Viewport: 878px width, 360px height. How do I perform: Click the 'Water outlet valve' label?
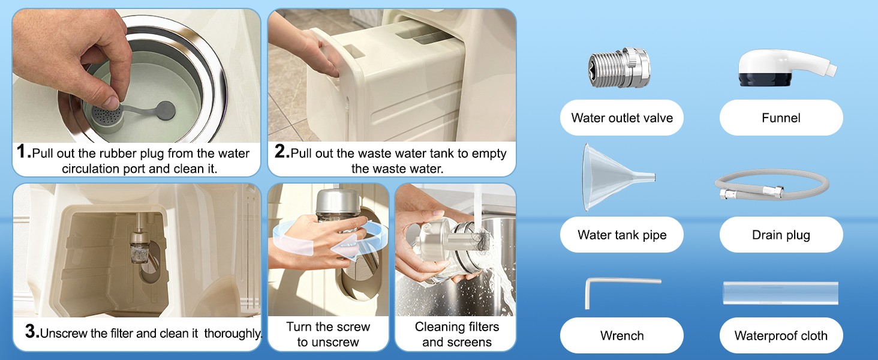coord(622,118)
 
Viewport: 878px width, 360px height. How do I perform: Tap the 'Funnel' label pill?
coord(781,118)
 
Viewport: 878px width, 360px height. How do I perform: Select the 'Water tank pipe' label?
coord(622,235)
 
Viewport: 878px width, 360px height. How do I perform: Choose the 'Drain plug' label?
coord(781,235)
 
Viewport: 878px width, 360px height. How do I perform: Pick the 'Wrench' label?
coord(622,335)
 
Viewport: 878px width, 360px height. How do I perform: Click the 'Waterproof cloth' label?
coord(781,335)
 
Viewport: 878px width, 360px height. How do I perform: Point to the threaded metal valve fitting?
coord(619,68)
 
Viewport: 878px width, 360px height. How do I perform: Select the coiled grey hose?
coord(771,184)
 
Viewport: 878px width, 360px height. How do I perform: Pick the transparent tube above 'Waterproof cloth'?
coord(780,293)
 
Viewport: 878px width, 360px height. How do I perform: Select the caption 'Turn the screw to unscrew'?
coord(328,334)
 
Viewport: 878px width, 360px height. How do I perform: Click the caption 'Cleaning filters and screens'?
coord(457,334)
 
